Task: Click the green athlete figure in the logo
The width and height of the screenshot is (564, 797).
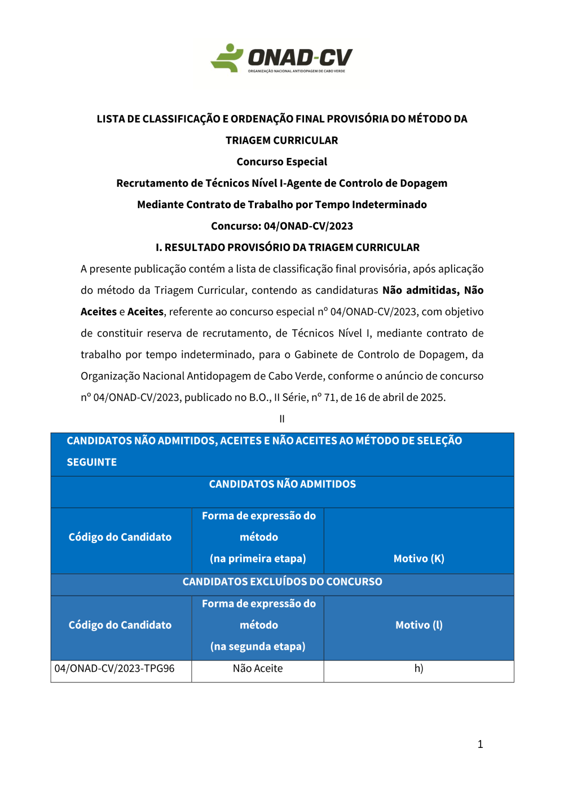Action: [x=227, y=58]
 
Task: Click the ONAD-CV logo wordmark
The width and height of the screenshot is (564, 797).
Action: [x=300, y=58]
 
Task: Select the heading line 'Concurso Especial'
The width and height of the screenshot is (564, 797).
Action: [x=282, y=162]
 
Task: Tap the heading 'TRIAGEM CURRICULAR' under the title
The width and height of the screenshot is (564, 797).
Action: [x=282, y=140]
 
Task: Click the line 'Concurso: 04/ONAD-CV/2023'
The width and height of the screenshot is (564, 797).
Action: [x=282, y=226]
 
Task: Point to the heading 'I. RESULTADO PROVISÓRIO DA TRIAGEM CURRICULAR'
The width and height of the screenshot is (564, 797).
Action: [x=288, y=248]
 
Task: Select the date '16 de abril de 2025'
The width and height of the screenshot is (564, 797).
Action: [x=399, y=398]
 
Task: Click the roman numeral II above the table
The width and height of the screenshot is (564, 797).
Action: [x=282, y=419]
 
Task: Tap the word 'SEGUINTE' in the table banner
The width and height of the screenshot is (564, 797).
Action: [x=92, y=463]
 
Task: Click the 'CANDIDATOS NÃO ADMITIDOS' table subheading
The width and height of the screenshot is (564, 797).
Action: [x=282, y=485]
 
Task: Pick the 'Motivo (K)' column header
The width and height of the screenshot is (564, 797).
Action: [x=418, y=559]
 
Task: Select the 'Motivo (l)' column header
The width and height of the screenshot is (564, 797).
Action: [x=418, y=626]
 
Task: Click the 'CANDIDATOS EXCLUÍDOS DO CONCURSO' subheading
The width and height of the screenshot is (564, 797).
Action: [x=282, y=582]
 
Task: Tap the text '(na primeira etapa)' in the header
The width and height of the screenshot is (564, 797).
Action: [x=258, y=559]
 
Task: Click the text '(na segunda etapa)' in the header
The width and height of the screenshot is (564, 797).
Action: [x=258, y=647]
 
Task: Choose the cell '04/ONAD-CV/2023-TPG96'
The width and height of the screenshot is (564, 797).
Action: [x=114, y=669]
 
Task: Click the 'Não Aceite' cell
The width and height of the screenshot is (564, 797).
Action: [x=258, y=669]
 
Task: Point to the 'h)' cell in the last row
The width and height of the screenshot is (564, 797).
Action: [x=418, y=669]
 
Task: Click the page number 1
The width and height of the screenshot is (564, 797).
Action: [x=481, y=745]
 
